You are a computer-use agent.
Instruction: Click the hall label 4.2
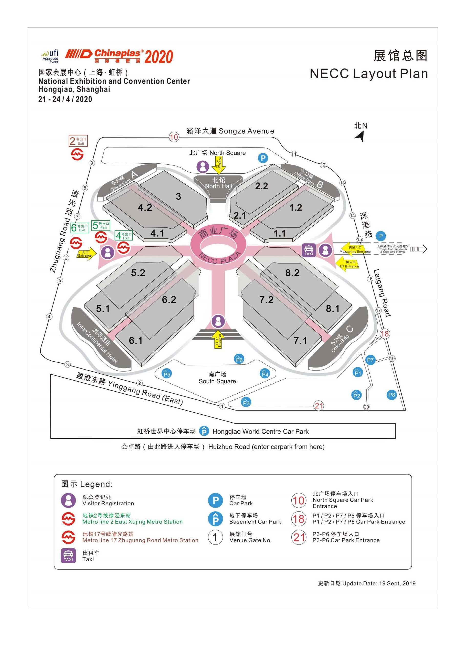coord(145,207)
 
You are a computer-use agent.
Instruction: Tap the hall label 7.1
coord(300,341)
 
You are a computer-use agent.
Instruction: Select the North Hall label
coord(218,183)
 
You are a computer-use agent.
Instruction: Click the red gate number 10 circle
coord(174,137)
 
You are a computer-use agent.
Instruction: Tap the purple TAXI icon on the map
coord(309,250)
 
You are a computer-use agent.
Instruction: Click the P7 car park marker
coord(370,360)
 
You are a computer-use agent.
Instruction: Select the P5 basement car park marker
coord(167,374)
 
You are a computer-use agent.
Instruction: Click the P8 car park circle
coord(391,395)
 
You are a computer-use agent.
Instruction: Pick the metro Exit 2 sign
coord(78,141)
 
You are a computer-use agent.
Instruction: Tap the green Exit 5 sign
coord(100,225)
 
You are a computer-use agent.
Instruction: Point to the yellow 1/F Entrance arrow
coord(347,264)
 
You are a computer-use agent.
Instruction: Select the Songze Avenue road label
coord(230,131)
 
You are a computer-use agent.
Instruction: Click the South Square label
coord(217,378)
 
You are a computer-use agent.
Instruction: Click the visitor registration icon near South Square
coord(218,321)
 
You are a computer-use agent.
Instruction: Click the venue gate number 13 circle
coord(342,183)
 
